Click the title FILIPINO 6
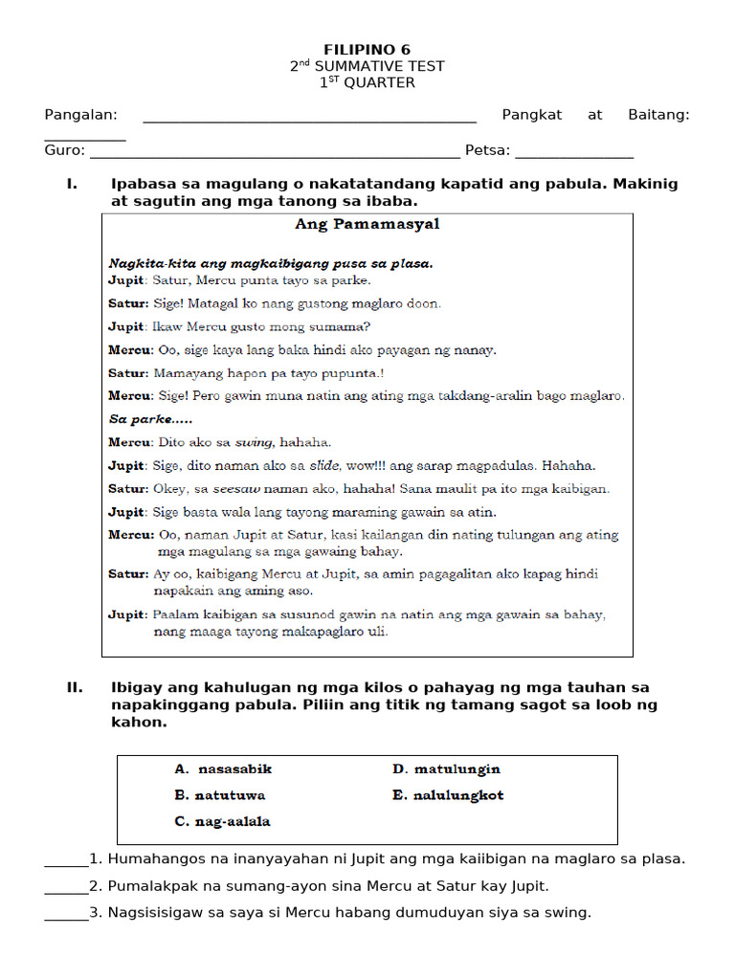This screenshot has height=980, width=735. [x=367, y=49]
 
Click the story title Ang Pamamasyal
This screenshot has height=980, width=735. [x=367, y=225]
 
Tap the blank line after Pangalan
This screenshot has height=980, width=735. [x=309, y=121]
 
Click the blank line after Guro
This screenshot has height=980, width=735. [x=274, y=156]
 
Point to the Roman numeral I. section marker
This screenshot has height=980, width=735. [x=72, y=184]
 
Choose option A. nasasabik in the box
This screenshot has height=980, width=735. [x=223, y=768]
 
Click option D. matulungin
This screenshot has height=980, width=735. [x=446, y=768]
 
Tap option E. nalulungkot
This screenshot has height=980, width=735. [x=448, y=795]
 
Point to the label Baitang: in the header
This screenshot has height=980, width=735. [x=658, y=115]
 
